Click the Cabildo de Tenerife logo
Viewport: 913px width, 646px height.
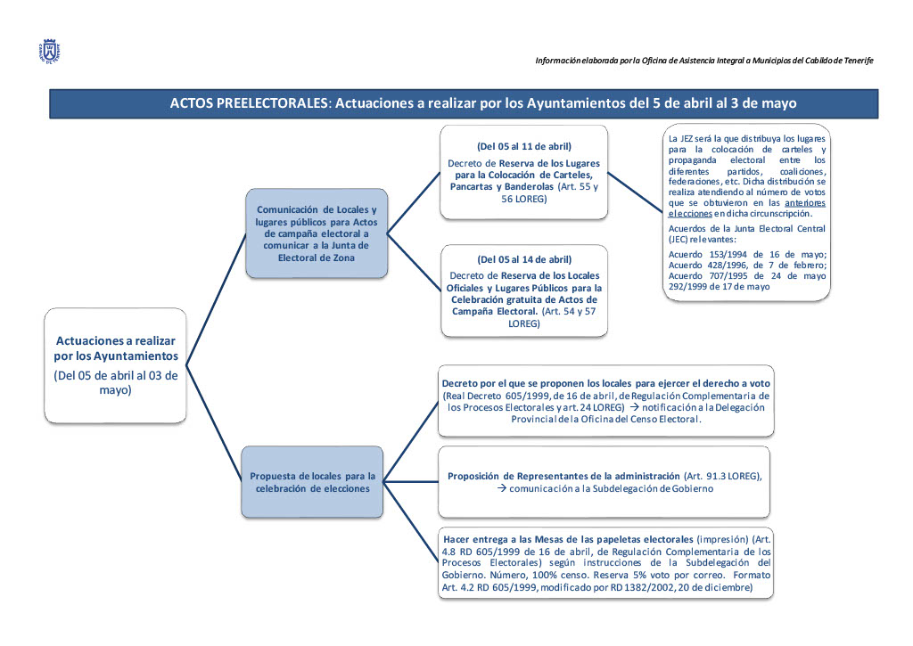50,51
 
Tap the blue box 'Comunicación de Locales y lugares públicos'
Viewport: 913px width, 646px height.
317,233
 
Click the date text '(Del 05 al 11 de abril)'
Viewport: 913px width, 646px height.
524,146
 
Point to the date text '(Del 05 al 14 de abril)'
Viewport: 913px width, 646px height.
524,259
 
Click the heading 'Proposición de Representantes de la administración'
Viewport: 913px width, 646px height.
563,476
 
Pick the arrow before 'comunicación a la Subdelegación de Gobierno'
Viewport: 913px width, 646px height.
501,489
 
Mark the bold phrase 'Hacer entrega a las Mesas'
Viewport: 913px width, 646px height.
517,540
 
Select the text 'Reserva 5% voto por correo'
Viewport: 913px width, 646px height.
668,575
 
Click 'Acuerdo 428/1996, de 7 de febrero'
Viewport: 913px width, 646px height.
747,265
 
